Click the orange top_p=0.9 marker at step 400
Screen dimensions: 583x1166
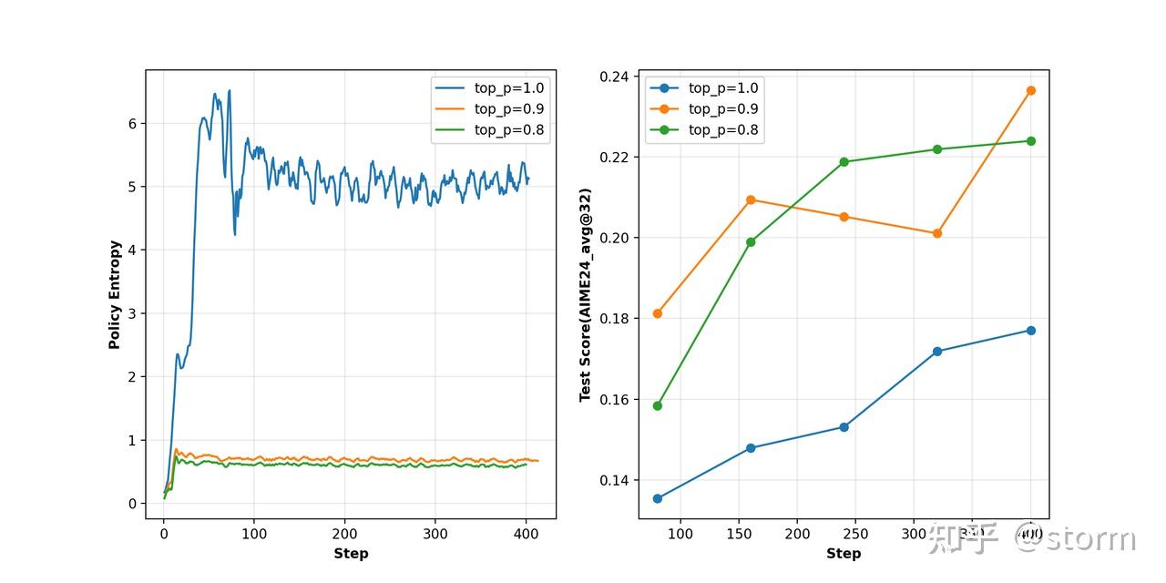click(1031, 90)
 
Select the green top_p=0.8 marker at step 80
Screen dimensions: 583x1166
click(658, 405)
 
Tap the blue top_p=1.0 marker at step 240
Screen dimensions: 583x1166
click(844, 427)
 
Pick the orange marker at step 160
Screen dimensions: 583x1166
click(751, 199)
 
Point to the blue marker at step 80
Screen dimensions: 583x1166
click(658, 498)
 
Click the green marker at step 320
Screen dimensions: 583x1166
click(937, 149)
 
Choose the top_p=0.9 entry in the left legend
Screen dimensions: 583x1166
click(508, 109)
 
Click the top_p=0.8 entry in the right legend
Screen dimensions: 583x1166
click(723, 130)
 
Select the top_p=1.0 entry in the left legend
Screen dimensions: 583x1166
click(508, 88)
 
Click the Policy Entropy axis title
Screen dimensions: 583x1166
click(115, 294)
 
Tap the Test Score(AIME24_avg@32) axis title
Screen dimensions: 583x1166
click(585, 295)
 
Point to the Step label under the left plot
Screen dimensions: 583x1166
click(351, 553)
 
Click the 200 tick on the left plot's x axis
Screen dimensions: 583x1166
click(344, 533)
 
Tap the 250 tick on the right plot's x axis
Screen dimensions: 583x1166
click(855, 533)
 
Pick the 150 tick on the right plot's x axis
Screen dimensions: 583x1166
click(739, 533)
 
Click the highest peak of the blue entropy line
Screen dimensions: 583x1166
click(229, 90)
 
